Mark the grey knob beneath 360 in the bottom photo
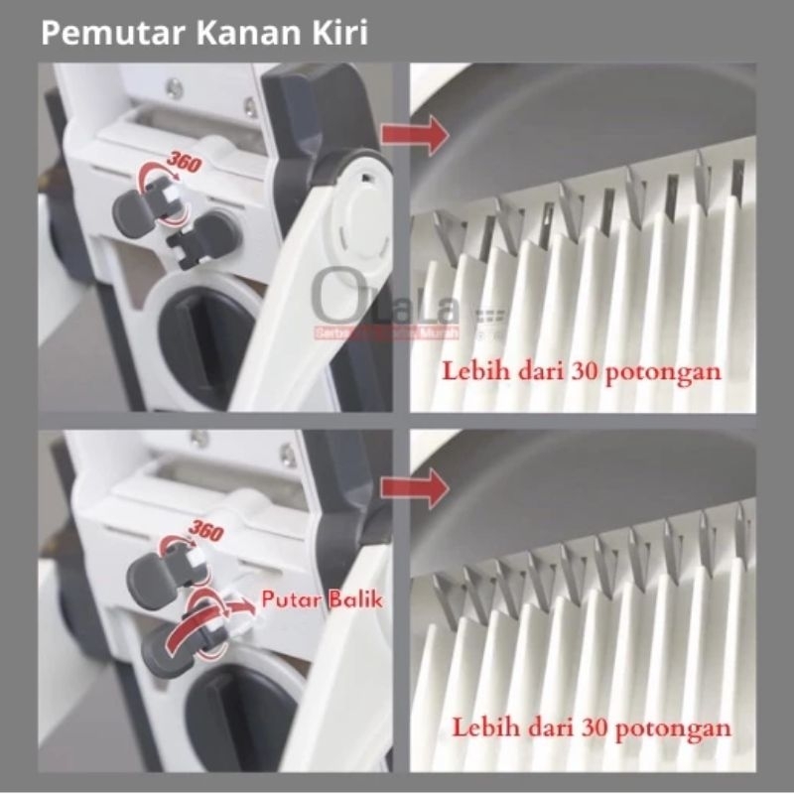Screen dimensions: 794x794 (154, 580)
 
